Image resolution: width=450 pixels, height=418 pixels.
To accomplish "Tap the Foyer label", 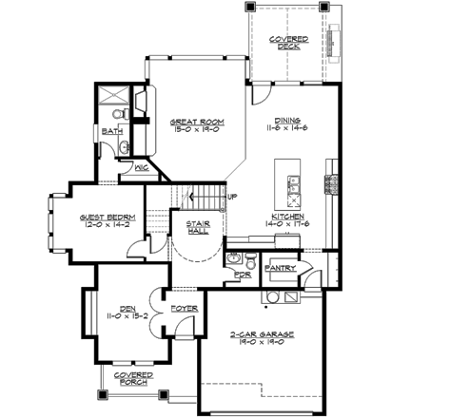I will [x=183, y=309].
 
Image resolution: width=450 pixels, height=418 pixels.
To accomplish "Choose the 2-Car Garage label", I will [x=261, y=335].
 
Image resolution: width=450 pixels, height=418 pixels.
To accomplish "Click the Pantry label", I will [x=284, y=269].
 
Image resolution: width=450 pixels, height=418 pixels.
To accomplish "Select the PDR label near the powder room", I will [x=242, y=275].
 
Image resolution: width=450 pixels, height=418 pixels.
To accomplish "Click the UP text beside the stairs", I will [x=232, y=197].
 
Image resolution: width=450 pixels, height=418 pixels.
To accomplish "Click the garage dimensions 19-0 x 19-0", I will [x=261, y=344].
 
